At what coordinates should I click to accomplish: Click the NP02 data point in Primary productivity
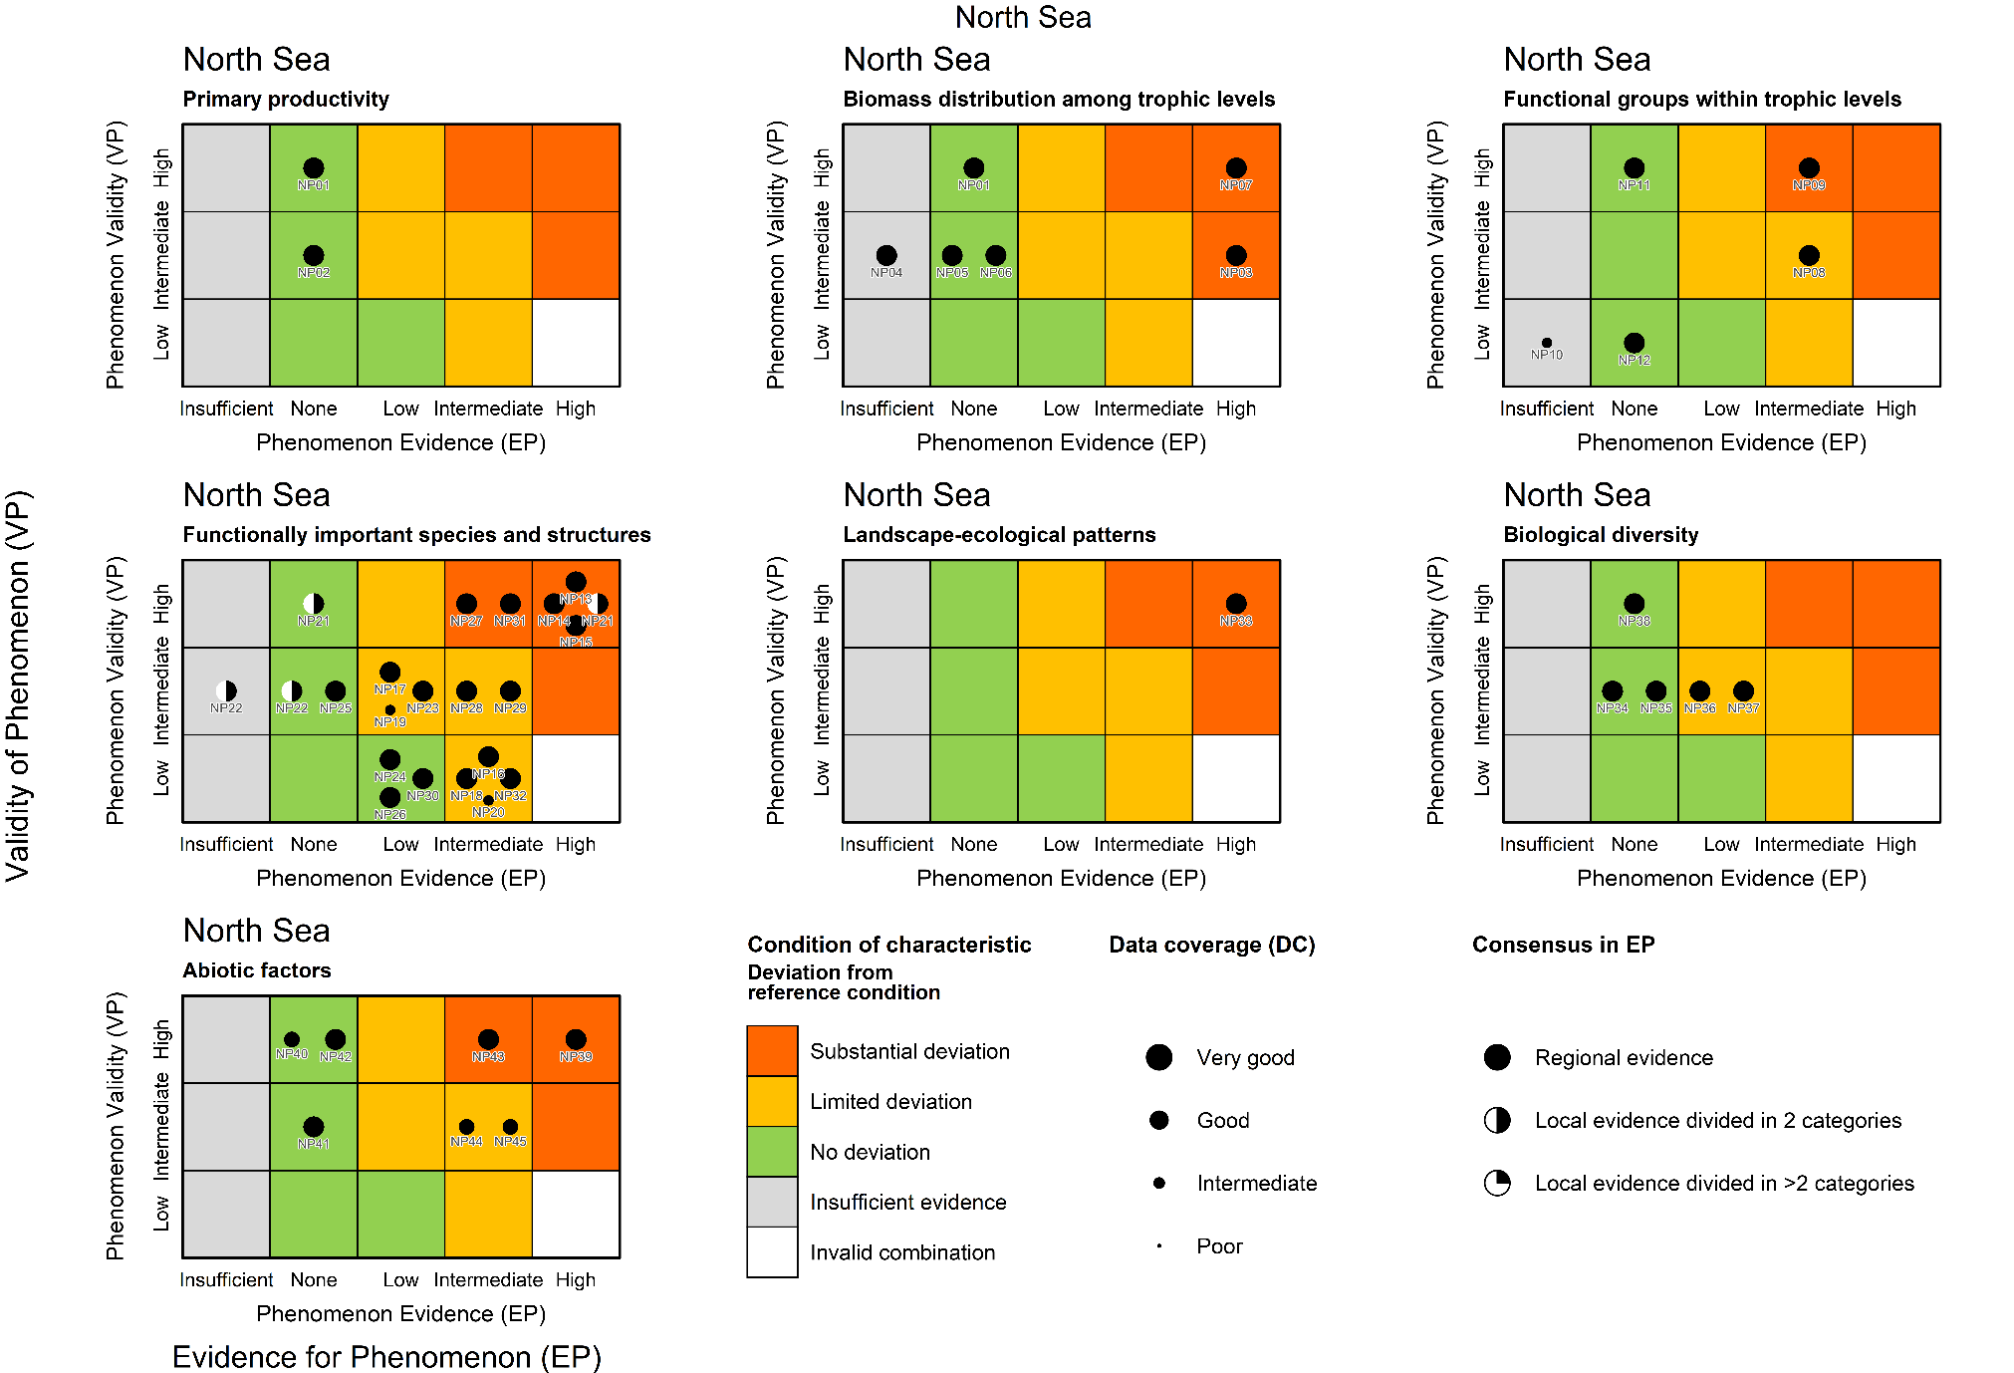point(313,256)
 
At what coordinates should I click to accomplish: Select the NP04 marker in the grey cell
point(885,256)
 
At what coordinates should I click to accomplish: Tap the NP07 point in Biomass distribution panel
point(1235,168)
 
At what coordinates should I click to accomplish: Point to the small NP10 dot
point(1546,343)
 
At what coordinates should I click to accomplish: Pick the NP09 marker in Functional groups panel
point(1808,168)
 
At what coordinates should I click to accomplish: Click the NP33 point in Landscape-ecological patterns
point(1235,604)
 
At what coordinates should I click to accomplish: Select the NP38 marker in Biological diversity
point(1634,604)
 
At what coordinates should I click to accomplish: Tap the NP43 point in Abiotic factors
point(488,1039)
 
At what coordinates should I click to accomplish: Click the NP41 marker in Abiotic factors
point(313,1127)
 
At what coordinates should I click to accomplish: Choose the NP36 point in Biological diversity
point(1699,691)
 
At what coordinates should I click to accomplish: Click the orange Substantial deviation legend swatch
point(772,1051)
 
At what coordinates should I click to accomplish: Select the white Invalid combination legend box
point(772,1252)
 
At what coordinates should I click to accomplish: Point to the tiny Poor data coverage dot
point(1158,1246)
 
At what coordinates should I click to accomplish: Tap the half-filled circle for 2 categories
point(1496,1120)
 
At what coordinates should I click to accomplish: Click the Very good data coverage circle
point(1158,1057)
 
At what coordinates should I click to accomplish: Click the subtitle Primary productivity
point(286,100)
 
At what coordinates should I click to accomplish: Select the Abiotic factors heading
point(257,970)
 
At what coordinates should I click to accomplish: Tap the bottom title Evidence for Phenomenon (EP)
point(386,1357)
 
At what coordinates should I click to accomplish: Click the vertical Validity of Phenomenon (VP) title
point(19,686)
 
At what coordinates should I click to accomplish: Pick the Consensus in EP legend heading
point(1563,945)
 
